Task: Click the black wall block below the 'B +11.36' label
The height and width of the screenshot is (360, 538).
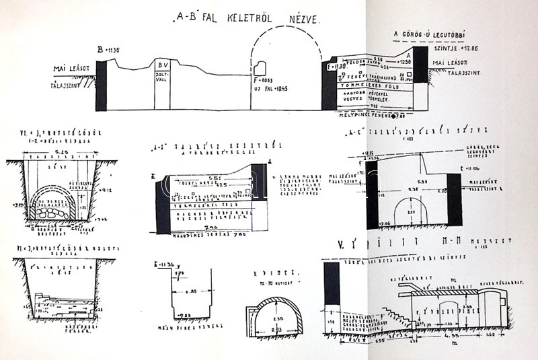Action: click(102, 85)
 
